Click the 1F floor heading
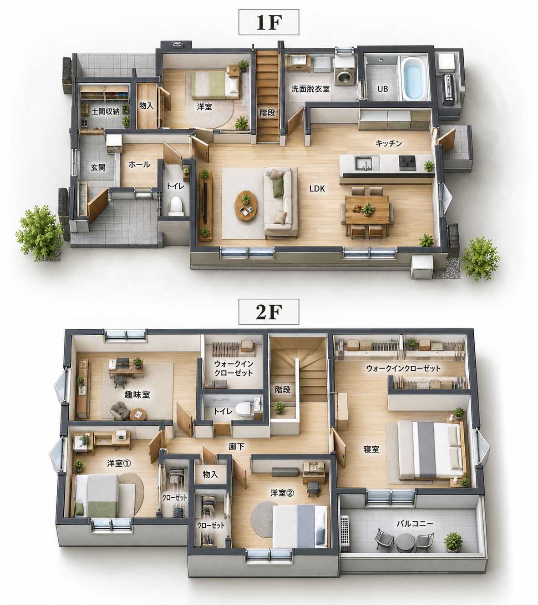[x=269, y=22]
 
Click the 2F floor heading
[x=269, y=312]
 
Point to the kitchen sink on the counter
[x=367, y=163]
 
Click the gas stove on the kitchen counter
[x=407, y=163]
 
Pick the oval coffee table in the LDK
[x=246, y=206]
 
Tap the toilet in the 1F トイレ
[x=177, y=206]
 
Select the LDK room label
[x=317, y=188]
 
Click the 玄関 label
[x=98, y=167]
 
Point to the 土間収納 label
[x=105, y=112]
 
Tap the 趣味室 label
[x=137, y=394]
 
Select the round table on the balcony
[x=405, y=542]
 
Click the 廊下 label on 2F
[x=236, y=446]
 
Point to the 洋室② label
[x=282, y=493]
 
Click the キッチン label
[x=389, y=143]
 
